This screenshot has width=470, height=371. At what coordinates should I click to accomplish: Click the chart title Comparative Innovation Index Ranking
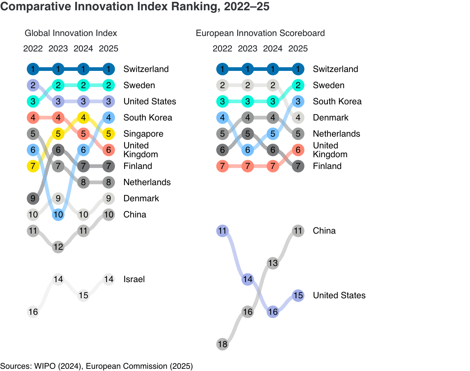pos(135,7)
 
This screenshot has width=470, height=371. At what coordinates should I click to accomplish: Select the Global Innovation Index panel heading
pos(71,33)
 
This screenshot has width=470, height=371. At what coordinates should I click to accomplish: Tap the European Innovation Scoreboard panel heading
pos(260,33)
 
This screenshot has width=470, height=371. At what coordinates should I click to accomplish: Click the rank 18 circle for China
pos(223,344)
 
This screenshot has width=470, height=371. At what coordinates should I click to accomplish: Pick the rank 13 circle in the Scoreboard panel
pos(273,263)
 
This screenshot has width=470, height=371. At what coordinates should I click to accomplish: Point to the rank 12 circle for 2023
pos(58,247)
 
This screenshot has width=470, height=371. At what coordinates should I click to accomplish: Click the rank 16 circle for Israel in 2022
pos(33,312)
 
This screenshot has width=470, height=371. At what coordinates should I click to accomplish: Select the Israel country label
pos(134,279)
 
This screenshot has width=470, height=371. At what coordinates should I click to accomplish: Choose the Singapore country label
pos(143,134)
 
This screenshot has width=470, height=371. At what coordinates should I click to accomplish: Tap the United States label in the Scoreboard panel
pos(339,295)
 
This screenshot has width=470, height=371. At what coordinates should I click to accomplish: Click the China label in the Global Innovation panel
pos(135,215)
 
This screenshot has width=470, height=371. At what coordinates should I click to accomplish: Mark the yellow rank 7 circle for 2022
pos(33,166)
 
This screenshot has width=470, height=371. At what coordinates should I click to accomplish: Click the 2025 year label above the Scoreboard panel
pos(298,48)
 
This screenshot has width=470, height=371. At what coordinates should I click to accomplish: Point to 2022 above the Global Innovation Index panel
pos(33,48)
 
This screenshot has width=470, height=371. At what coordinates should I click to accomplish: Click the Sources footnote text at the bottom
pos(97,366)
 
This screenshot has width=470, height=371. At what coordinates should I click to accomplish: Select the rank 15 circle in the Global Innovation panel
pos(83,295)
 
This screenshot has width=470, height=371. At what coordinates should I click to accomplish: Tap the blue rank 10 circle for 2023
pos(58,215)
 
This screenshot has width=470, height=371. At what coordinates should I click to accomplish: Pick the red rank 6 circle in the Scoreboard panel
pos(298,150)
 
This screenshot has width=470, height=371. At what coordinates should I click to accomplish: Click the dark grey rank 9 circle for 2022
pos(33,198)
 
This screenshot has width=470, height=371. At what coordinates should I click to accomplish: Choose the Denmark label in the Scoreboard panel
pos(330,118)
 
